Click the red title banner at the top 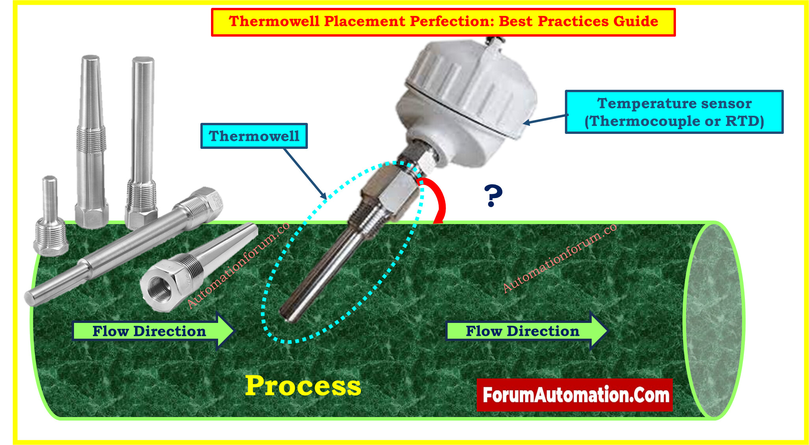click(443, 22)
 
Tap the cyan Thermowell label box click(254, 136)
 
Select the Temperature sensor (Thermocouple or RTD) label click(674, 112)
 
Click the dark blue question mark click(493, 195)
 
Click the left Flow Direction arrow click(154, 331)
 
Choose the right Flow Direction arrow click(527, 331)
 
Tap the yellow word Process click(303, 386)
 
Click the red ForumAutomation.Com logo click(575, 395)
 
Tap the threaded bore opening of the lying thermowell click(159, 289)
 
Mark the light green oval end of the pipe click(713, 320)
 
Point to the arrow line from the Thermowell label click(305, 174)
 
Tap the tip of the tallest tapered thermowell click(91, 57)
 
